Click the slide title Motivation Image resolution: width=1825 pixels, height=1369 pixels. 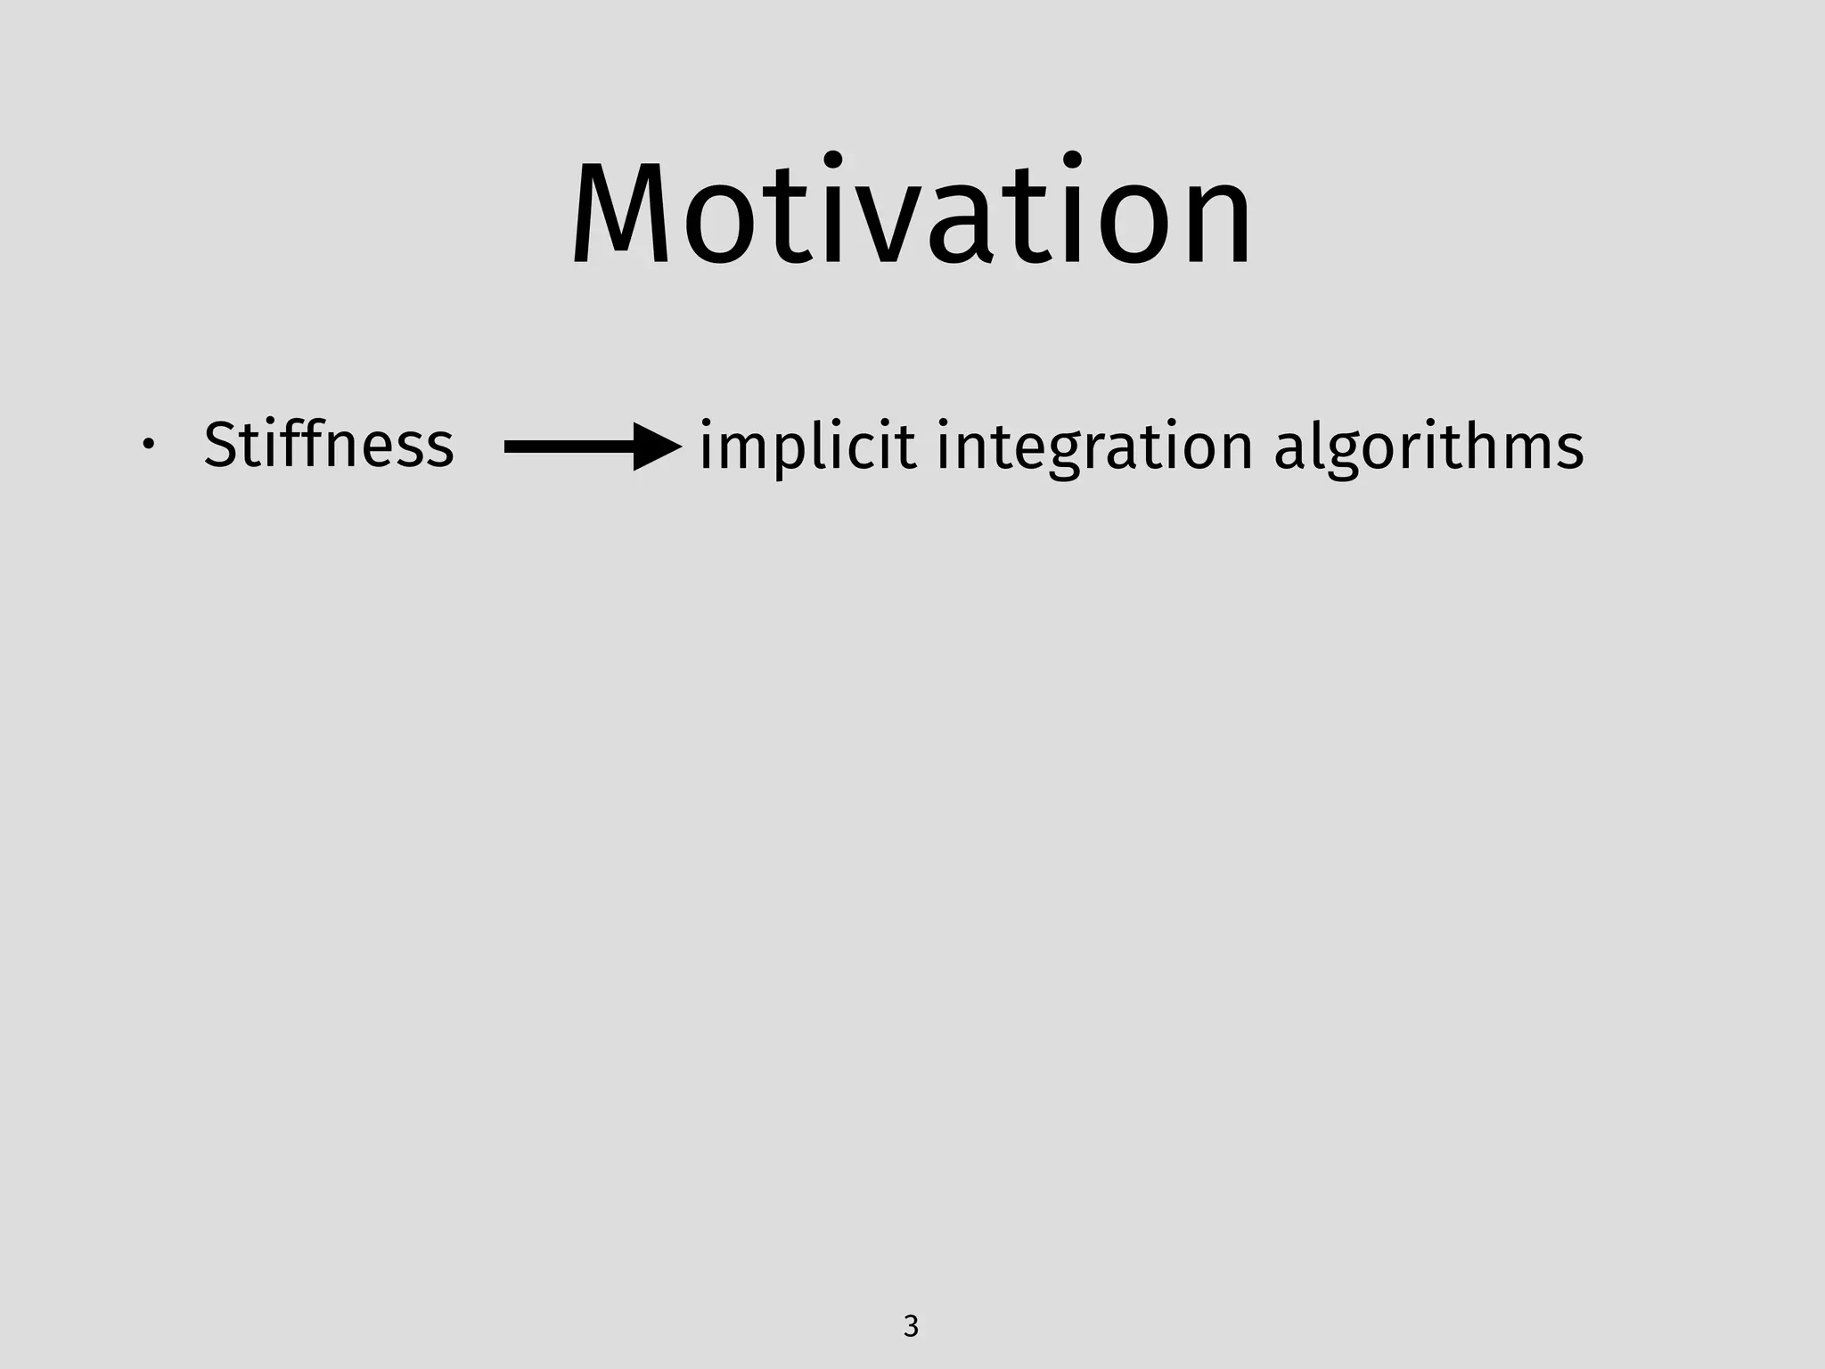912,214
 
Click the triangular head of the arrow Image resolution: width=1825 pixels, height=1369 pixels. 656,447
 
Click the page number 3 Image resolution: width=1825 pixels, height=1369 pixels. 911,1326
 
